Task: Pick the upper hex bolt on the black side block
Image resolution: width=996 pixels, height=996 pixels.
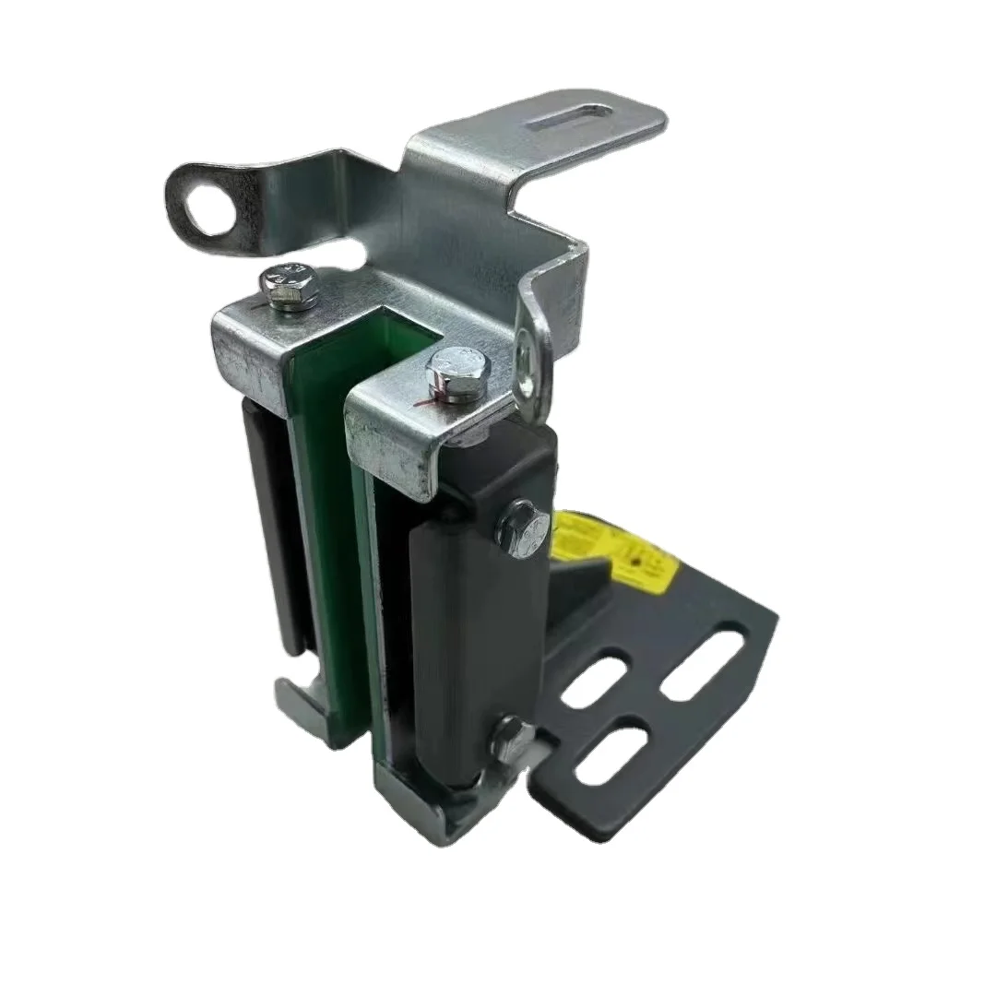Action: click(x=515, y=527)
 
